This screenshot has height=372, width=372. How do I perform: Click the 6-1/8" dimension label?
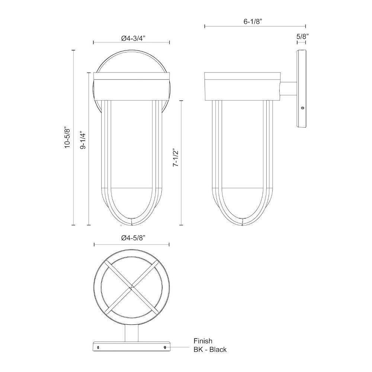click(x=253, y=21)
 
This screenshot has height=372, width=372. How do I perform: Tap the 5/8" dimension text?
click(x=302, y=36)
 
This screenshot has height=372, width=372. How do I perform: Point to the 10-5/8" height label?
click(x=68, y=137)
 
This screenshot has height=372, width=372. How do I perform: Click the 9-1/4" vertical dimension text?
click(x=83, y=140)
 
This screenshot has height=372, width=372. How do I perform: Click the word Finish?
click(x=203, y=341)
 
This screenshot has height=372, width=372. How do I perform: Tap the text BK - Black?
click(x=210, y=349)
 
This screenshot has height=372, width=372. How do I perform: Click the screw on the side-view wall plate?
click(x=302, y=108)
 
